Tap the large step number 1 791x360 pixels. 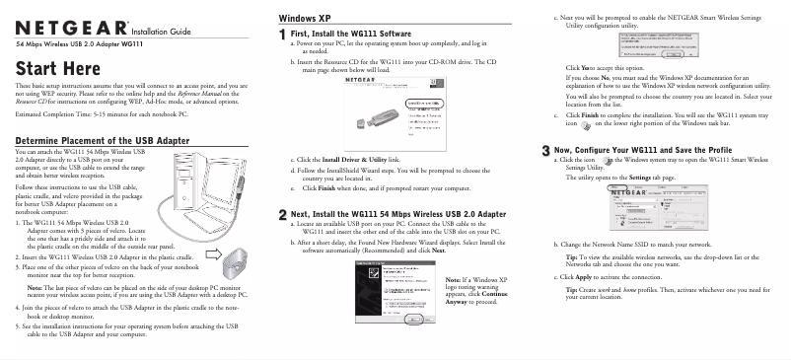(283, 35)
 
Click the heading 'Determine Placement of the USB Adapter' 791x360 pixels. (110, 141)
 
